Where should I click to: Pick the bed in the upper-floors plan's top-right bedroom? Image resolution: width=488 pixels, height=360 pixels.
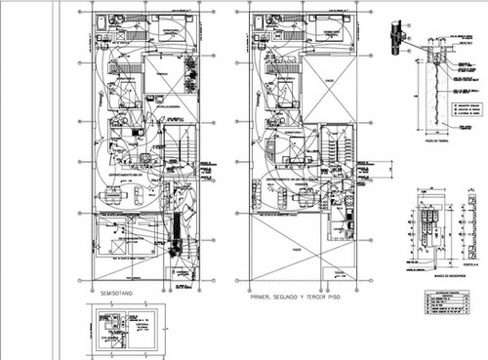pos(337,25)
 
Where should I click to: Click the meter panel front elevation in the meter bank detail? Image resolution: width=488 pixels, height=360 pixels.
pos(430,230)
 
